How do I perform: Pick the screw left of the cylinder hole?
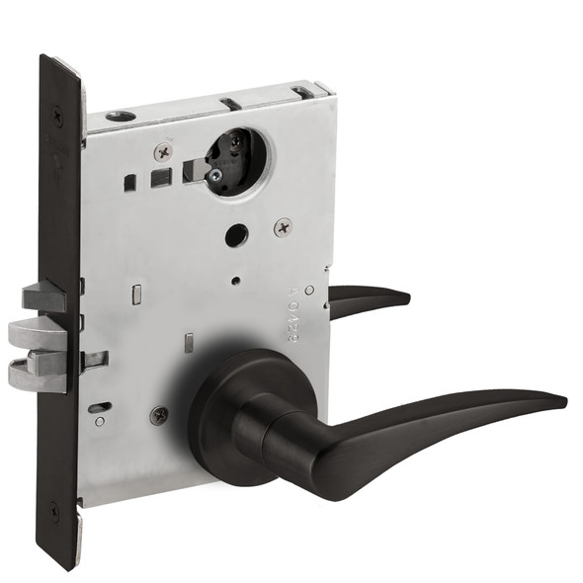163,153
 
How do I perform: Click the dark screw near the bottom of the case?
159,416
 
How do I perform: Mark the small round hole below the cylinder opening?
234,236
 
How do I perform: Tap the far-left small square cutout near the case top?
129,183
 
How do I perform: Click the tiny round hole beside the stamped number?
310,290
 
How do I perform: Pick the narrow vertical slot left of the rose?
187,344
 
